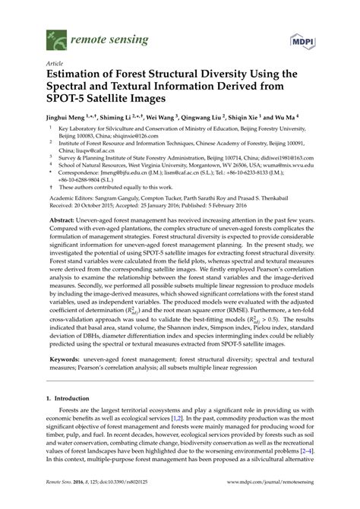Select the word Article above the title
[55, 65]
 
